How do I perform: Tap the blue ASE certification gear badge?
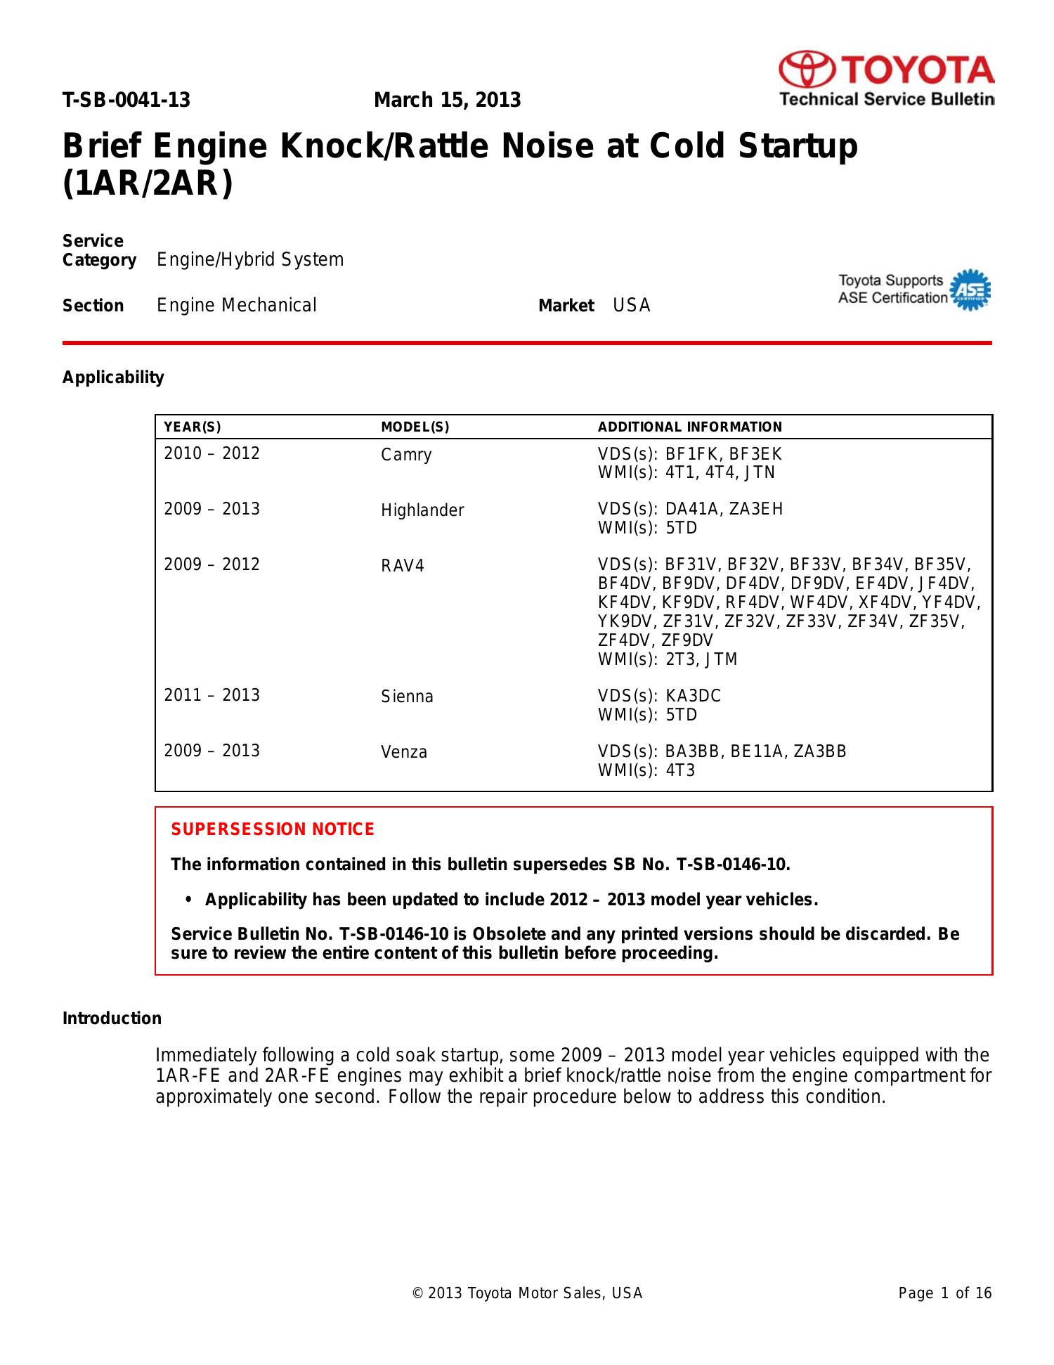coord(970,289)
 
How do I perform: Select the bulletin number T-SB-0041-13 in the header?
coord(126,101)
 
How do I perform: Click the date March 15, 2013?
coord(447,101)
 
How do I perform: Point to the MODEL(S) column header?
coord(415,427)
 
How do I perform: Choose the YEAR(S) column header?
coord(192,427)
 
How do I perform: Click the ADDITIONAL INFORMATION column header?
coord(689,427)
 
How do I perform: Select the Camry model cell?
coord(406,455)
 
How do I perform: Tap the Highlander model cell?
coord(422,511)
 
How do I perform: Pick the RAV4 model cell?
coord(403,567)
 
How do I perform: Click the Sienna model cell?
coord(407,697)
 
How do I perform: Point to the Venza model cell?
coord(404,753)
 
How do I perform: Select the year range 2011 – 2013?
coord(212,696)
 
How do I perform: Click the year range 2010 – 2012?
coord(212,454)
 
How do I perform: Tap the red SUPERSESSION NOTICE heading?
coord(273,830)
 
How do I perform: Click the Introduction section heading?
coord(112,1019)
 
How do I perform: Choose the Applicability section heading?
coord(113,378)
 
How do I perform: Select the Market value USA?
coord(632,306)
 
